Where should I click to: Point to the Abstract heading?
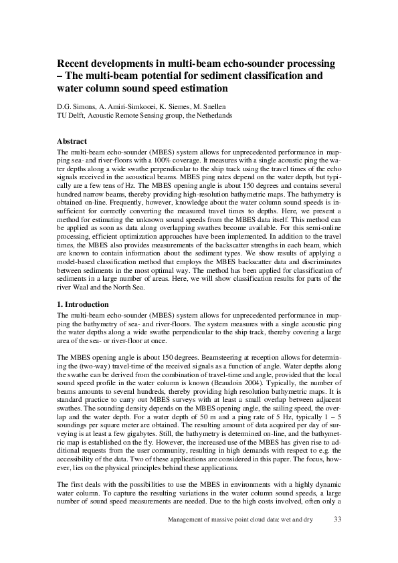tap(72, 142)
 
